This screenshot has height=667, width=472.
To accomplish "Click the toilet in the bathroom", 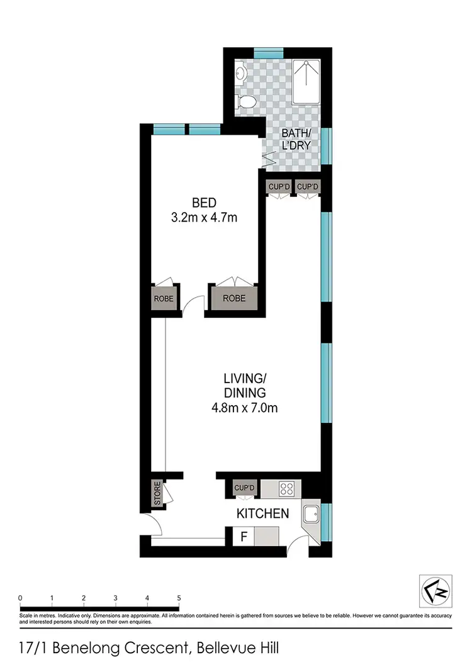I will (x=249, y=103).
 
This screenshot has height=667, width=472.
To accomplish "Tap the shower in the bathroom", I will (x=306, y=82).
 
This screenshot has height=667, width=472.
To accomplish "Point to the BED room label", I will (x=204, y=203).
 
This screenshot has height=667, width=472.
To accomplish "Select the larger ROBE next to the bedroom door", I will (x=233, y=298).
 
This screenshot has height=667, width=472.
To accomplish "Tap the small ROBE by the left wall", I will (x=163, y=298).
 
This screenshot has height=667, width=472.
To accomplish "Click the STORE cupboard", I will (x=157, y=493).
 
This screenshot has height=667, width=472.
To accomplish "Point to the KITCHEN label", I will (x=262, y=513).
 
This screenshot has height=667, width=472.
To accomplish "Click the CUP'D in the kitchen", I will (x=244, y=487).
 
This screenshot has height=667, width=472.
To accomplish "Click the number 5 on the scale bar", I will (x=179, y=598).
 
